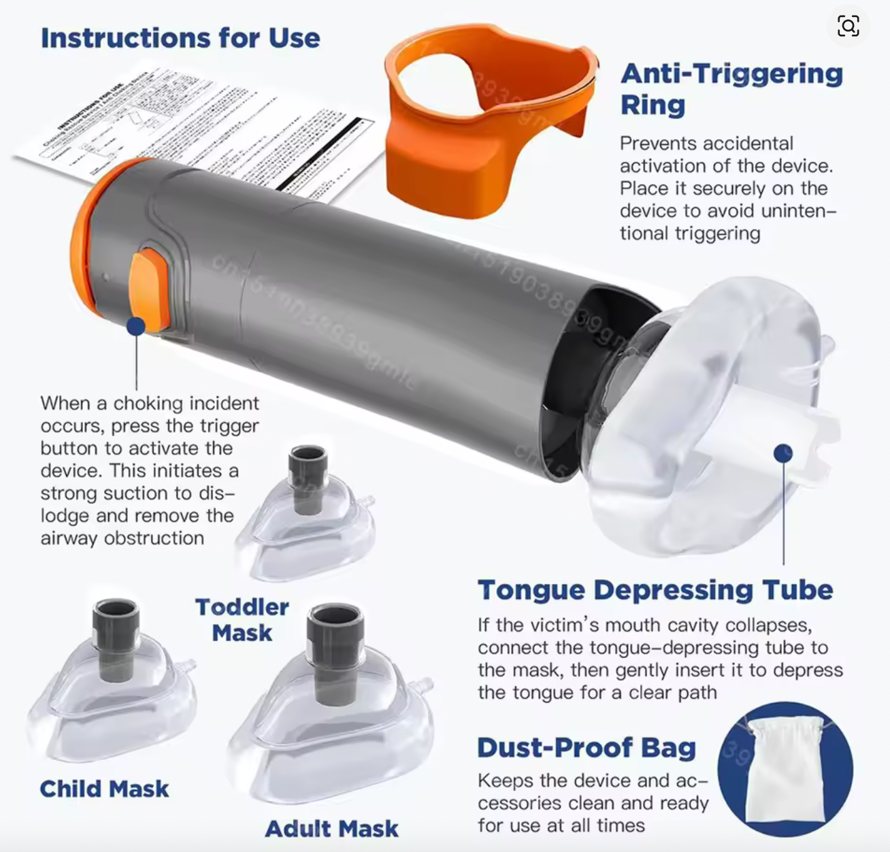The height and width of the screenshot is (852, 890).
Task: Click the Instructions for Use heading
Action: click(180, 37)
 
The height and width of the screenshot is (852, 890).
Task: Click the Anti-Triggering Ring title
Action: click(731, 89)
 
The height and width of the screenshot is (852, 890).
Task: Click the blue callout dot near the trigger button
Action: click(136, 326)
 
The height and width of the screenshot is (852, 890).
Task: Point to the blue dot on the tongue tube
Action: click(783, 453)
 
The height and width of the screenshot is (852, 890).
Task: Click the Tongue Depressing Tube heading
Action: click(655, 590)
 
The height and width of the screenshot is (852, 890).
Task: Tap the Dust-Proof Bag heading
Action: click(586, 747)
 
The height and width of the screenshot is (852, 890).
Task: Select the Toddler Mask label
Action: click(242, 619)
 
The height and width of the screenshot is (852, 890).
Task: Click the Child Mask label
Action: click(104, 789)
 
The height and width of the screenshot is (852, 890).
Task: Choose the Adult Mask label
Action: click(331, 828)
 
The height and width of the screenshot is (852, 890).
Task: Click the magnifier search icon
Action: click(848, 27)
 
